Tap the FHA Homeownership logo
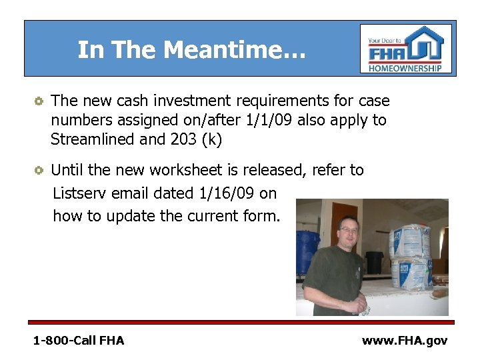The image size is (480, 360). click(406, 49)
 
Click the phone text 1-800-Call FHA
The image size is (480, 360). click(79, 341)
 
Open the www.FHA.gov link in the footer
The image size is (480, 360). click(404, 341)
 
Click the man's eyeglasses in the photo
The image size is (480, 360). click(349, 231)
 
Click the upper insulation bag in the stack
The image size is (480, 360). click(409, 239)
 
